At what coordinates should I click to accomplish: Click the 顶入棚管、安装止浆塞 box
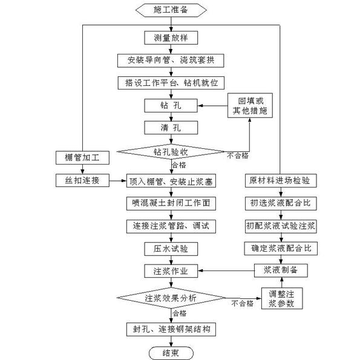[171, 181]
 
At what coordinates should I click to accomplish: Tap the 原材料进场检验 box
[280, 180]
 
